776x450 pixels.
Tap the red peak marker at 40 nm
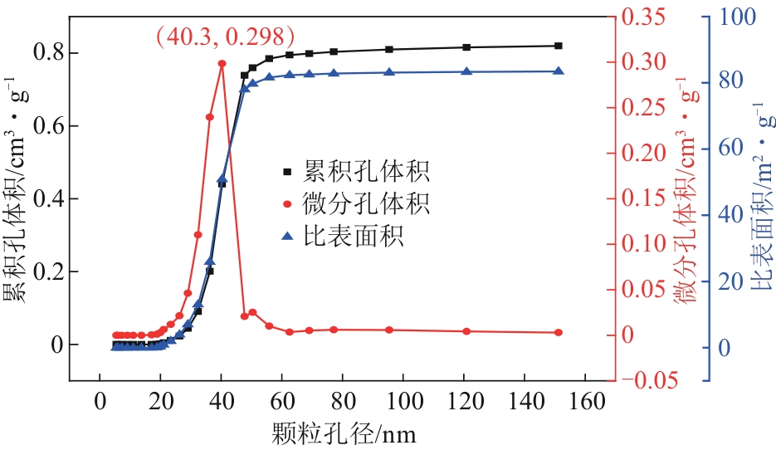point(222,63)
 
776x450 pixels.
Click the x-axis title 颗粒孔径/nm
point(342,433)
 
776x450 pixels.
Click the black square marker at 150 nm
point(558,46)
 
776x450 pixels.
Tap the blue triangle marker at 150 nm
point(558,71)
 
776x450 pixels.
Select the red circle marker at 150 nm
point(558,332)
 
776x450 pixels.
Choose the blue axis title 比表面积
point(759,199)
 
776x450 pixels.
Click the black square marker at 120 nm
point(466,47)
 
